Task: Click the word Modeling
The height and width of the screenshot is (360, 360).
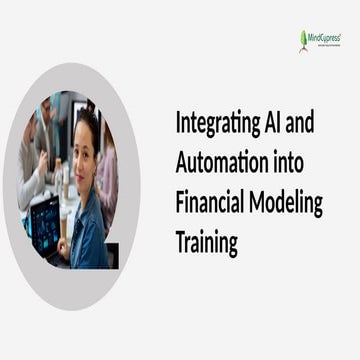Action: click(286, 204)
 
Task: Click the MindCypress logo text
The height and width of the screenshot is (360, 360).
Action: click(326, 37)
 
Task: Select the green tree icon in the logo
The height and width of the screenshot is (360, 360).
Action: click(304, 40)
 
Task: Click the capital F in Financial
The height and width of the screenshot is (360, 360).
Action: click(180, 202)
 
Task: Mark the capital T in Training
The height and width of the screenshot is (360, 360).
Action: click(181, 242)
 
